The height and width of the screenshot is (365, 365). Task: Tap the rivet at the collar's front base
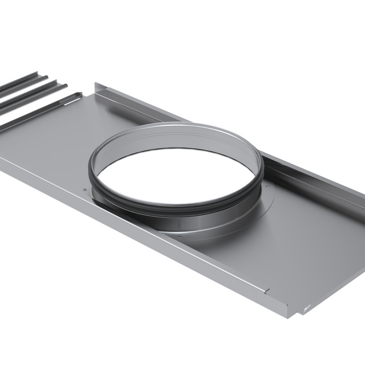(179, 237)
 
